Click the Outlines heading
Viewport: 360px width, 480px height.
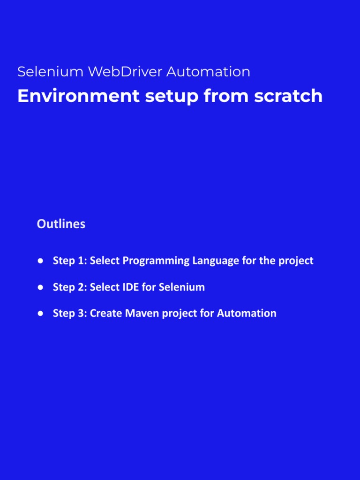click(61, 224)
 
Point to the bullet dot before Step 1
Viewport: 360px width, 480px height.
click(41, 261)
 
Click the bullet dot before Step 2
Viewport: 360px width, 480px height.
click(41, 287)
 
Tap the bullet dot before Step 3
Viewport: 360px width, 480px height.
click(41, 313)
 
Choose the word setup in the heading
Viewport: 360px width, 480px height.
click(172, 96)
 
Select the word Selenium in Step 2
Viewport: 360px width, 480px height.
click(181, 287)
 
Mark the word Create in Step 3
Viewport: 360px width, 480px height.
click(106, 313)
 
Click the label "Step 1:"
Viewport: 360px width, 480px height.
click(70, 261)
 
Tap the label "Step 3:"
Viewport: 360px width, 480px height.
click(70, 313)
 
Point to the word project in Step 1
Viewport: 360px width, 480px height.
click(296, 261)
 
